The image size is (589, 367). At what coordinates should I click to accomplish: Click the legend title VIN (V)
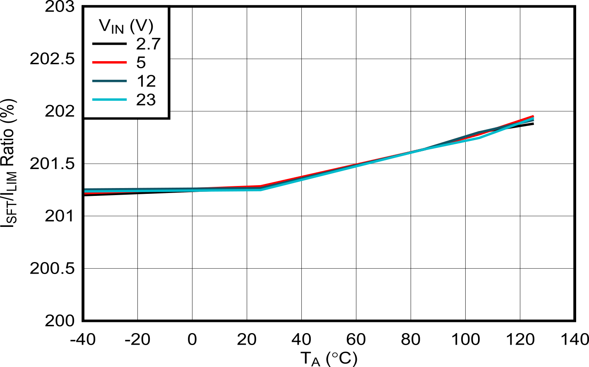click(x=126, y=26)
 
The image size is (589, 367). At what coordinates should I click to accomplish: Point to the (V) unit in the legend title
click(x=141, y=26)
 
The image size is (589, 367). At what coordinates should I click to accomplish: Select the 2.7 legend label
click(x=148, y=44)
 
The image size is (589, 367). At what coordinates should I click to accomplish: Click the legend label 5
click(x=141, y=62)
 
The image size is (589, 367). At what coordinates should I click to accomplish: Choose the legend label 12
click(x=146, y=81)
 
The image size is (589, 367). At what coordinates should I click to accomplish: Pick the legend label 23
click(x=146, y=100)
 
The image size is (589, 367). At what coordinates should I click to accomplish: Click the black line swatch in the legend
click(x=109, y=44)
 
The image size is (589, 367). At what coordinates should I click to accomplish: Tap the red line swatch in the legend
click(x=109, y=62)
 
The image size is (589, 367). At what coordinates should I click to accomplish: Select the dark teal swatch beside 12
click(x=109, y=81)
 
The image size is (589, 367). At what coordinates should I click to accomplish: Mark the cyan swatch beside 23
click(x=109, y=100)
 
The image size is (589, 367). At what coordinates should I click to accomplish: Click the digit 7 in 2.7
click(x=155, y=44)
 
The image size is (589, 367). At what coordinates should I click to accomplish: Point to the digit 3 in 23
click(x=151, y=100)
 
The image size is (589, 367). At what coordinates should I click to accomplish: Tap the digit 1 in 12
click(x=141, y=81)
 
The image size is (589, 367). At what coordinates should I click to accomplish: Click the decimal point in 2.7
click(x=148, y=49)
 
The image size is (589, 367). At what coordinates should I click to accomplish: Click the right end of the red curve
click(x=533, y=116)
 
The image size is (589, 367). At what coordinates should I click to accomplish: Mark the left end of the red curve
click(x=85, y=193)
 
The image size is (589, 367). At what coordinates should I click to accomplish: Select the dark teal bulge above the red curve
click(x=480, y=133)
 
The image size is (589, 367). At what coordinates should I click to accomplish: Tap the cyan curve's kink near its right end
click(x=479, y=138)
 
